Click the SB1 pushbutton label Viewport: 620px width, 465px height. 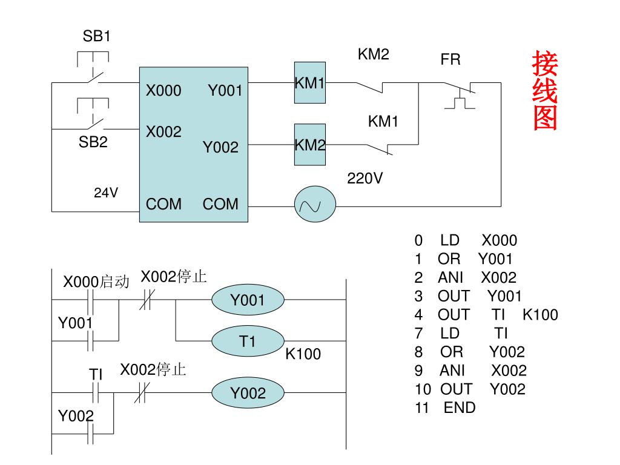(x=96, y=36)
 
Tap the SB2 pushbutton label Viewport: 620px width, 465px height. (x=93, y=142)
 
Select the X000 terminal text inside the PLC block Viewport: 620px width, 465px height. (x=163, y=91)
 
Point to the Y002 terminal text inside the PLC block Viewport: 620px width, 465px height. (x=220, y=148)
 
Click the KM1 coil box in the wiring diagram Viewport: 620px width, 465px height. (x=310, y=82)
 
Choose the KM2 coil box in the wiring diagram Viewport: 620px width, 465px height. (x=310, y=144)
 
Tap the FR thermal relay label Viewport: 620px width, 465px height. (x=450, y=60)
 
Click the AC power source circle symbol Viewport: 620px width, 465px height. (x=315, y=205)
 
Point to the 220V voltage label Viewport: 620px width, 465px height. (x=364, y=179)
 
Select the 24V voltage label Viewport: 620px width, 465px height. (x=106, y=193)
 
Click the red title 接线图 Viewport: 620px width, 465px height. (x=545, y=91)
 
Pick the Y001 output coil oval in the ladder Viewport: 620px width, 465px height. (x=248, y=300)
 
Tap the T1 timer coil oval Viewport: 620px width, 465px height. (x=248, y=341)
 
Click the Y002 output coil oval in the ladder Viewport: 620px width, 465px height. (x=248, y=392)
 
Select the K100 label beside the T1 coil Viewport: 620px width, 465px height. (x=303, y=354)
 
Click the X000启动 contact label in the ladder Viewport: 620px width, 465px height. (x=96, y=282)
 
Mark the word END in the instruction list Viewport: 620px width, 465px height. (x=460, y=407)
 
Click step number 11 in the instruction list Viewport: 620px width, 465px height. (x=421, y=407)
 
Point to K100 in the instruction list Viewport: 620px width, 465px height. (x=540, y=315)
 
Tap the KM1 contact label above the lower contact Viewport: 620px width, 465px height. (x=383, y=121)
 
